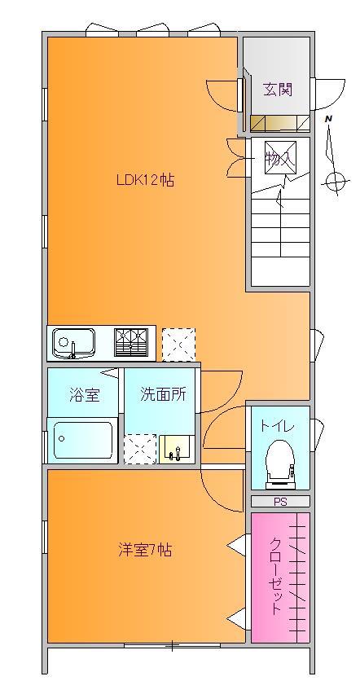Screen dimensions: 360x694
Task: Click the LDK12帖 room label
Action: tap(145, 180)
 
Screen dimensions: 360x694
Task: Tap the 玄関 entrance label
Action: tap(278, 90)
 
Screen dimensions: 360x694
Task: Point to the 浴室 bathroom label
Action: tap(84, 394)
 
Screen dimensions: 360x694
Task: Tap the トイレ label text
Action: tap(277, 426)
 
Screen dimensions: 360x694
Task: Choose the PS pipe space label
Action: tap(280, 502)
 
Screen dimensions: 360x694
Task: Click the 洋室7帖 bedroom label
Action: tap(144, 550)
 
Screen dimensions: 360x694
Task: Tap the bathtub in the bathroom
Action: tap(83, 441)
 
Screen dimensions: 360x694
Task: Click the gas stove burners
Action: tap(130, 342)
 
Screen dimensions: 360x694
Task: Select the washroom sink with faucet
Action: tap(176, 449)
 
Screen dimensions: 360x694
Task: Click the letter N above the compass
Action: tap(328, 119)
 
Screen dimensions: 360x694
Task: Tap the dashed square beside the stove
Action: tap(178, 345)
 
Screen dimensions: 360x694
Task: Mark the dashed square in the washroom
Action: tap(140, 449)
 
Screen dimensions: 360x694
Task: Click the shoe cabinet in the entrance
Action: tap(280, 123)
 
